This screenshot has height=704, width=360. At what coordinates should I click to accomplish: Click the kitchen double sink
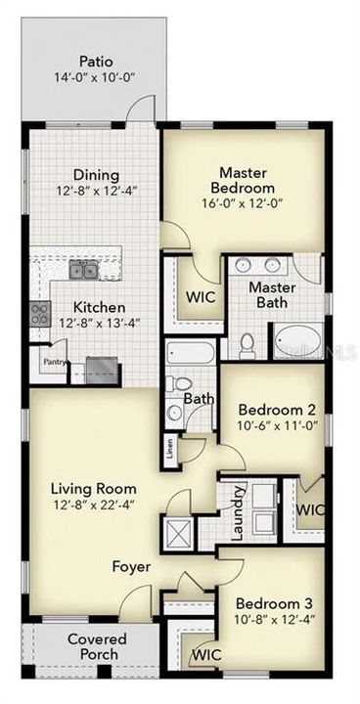[82, 270]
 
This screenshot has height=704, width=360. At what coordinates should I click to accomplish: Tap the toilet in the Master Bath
[247, 343]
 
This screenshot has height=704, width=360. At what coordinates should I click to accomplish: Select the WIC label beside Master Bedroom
[201, 297]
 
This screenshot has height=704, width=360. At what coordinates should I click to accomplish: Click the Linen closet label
[170, 450]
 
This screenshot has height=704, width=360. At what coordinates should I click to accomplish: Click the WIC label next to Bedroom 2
[310, 509]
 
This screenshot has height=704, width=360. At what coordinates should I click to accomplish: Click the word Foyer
[130, 567]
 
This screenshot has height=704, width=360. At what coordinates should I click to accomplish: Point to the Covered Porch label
[94, 646]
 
